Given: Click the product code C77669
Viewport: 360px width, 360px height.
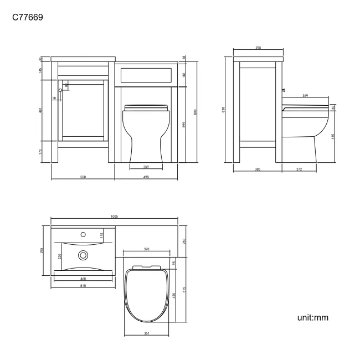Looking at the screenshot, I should coord(28,18).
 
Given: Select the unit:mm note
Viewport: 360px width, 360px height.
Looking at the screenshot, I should coord(313,318).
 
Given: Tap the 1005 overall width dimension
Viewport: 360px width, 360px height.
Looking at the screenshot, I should coord(114,217).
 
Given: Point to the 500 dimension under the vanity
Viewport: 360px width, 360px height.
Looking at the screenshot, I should coord(83,177).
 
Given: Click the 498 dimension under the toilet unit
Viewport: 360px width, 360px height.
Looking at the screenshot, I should coord(146,177).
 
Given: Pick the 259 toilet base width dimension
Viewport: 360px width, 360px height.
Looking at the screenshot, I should coord(146,167).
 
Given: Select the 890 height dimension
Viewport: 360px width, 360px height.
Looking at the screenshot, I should coord(195,111).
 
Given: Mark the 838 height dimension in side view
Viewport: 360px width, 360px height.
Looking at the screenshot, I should coord(223,110).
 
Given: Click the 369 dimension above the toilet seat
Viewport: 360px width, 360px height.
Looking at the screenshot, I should coord(305,96).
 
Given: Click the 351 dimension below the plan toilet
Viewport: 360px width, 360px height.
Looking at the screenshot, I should coord(147,334).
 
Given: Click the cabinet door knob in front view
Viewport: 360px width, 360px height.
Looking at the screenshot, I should coord(60,90).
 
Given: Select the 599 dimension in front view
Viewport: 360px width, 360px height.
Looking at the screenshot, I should coord(184,125).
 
